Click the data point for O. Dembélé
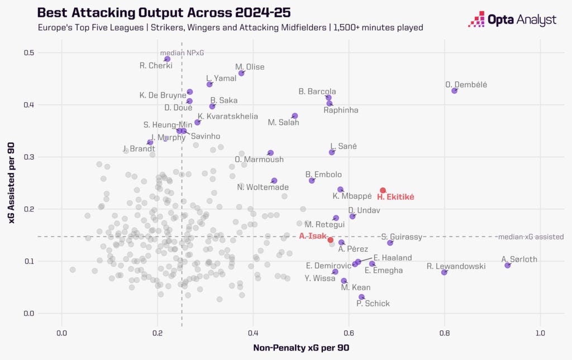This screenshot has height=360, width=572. [454, 90]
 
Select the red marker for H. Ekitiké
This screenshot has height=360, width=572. [383, 190]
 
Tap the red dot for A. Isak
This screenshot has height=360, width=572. [330, 240]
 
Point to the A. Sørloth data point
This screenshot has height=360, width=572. [507, 265]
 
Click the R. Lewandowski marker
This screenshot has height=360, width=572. [444, 272]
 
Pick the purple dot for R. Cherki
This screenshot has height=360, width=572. [167, 59]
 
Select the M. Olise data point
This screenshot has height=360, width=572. [241, 73]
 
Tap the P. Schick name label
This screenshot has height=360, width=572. [373, 303]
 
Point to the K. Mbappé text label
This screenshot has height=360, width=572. [352, 196]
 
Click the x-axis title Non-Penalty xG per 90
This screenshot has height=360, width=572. [301, 348]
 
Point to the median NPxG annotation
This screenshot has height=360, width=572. [182, 52]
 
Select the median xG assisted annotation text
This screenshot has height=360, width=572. [531, 237]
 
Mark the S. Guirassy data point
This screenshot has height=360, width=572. [390, 243]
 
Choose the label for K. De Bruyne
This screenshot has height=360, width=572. [163, 95]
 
